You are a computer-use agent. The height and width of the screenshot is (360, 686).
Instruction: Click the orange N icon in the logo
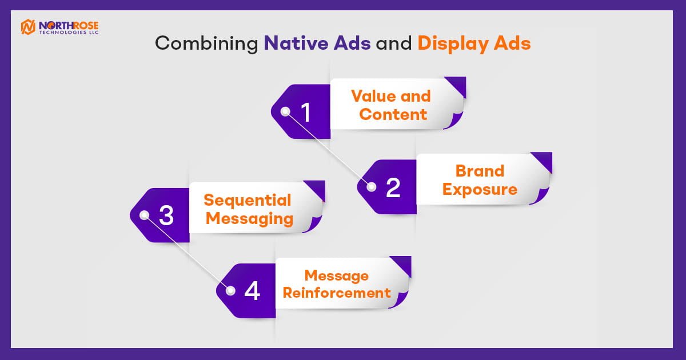click(x=28, y=27)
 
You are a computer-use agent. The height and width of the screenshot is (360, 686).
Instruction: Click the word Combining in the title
click(x=207, y=44)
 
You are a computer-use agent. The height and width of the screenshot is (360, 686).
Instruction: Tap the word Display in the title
click(x=453, y=44)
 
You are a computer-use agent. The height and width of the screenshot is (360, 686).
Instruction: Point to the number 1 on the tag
click(x=306, y=113)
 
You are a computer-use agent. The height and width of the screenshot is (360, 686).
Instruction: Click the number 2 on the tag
click(x=393, y=187)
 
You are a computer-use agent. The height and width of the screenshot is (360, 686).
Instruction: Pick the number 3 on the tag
click(x=166, y=215)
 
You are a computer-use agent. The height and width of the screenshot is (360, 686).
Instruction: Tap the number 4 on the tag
click(x=252, y=291)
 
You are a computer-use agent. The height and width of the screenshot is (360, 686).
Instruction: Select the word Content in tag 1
click(x=393, y=114)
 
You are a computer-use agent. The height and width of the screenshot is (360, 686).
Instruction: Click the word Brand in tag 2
click(x=480, y=171)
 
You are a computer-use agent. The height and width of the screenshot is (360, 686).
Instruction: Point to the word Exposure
click(x=480, y=190)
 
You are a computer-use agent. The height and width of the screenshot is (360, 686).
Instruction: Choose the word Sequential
click(x=248, y=200)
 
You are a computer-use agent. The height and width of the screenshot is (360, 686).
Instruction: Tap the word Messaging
click(x=249, y=219)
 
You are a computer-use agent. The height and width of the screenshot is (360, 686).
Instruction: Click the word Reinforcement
click(x=337, y=293)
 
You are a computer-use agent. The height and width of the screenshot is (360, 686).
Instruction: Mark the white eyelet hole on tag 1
click(x=285, y=112)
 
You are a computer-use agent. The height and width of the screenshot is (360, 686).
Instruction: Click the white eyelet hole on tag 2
click(x=372, y=187)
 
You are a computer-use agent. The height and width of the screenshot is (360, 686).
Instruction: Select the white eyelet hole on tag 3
click(x=144, y=215)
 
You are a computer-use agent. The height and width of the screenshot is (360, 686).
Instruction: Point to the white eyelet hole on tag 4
click(x=230, y=290)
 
